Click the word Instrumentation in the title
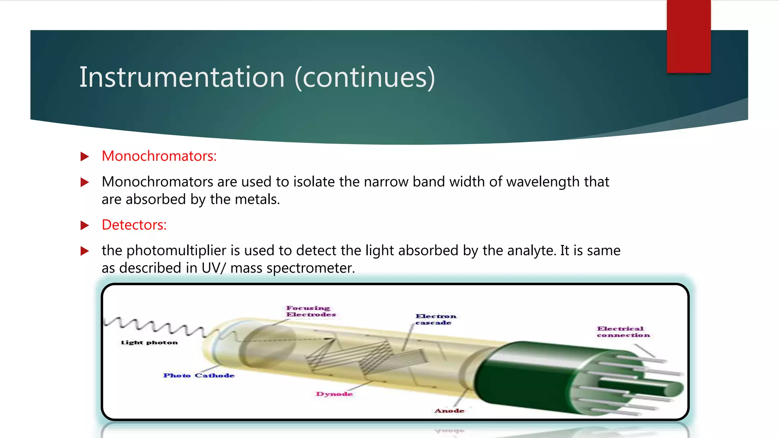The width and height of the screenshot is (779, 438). [182, 77]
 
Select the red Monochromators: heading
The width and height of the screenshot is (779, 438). [159, 156]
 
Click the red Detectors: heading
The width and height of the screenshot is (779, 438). [134, 225]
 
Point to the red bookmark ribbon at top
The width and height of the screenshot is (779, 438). [688, 36]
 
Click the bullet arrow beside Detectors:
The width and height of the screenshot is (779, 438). [85, 225]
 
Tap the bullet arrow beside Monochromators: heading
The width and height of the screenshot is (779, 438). [85, 157]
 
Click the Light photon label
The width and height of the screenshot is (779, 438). [149, 343]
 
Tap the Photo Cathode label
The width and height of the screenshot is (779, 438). [199, 376]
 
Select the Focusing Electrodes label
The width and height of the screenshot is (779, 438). [310, 311]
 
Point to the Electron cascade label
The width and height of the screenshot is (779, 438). [435, 319]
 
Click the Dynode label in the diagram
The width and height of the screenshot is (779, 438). [334, 394]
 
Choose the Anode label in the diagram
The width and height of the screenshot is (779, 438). [449, 411]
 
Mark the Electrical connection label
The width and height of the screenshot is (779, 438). [623, 332]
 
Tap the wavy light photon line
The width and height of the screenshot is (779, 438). [156, 325]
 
